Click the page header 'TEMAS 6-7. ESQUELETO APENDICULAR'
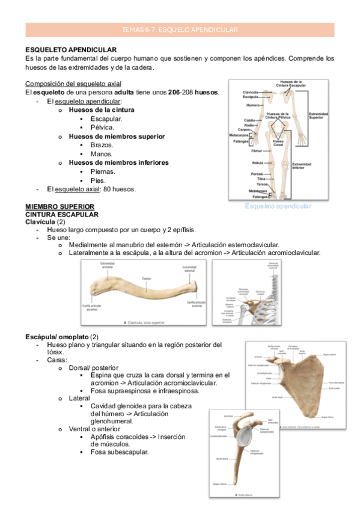click(180, 29)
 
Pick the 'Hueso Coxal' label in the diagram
click(278, 143)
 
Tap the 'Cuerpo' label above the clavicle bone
click(146, 278)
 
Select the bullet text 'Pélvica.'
click(102, 127)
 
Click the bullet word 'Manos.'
click(102, 154)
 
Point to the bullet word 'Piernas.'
click(103, 171)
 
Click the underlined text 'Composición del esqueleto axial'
click(73, 84)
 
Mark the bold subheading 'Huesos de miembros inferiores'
click(118, 162)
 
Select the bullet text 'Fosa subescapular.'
click(120, 452)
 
